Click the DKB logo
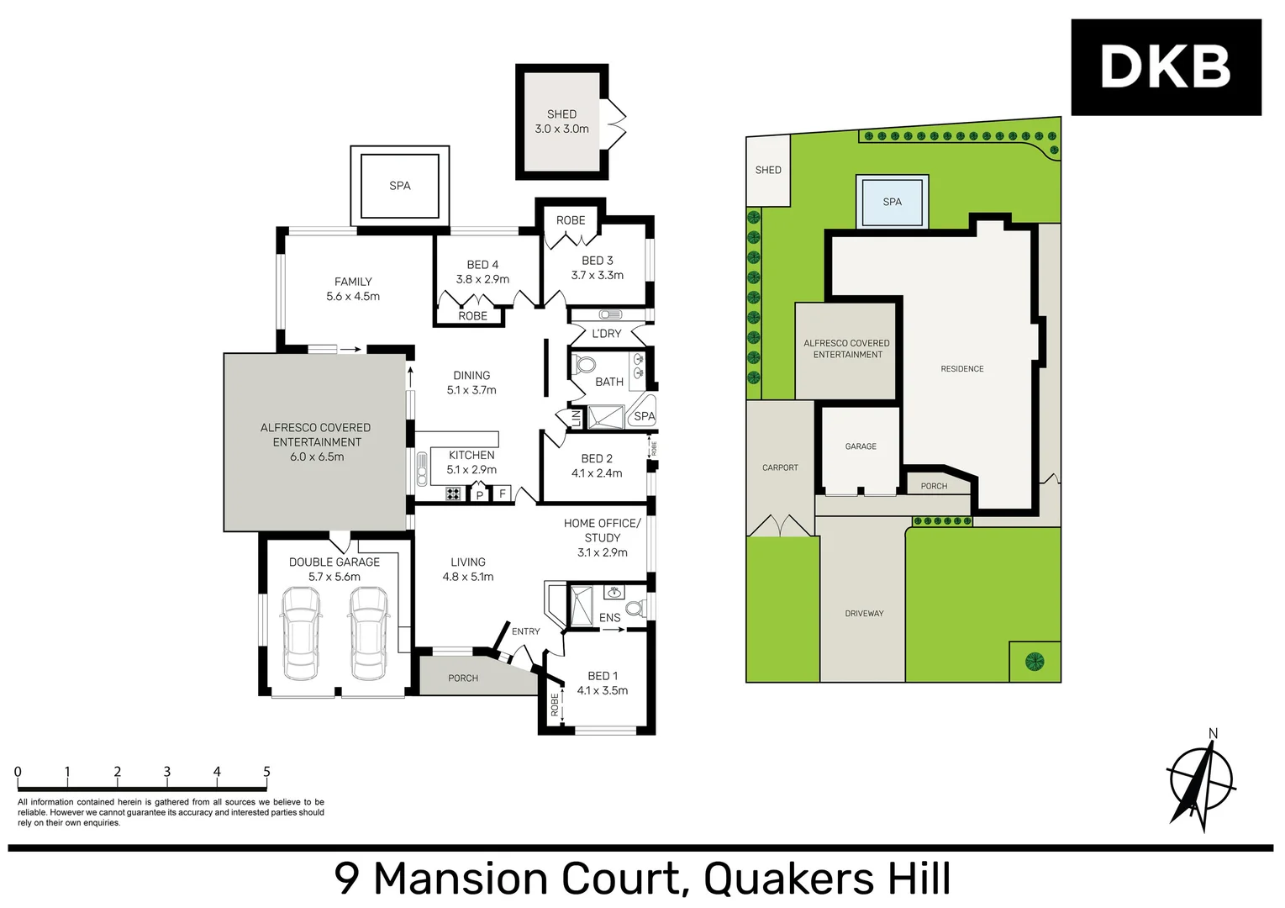(1166, 67)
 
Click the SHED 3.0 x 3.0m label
(561, 122)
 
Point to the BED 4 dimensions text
(482, 279)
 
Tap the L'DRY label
(606, 334)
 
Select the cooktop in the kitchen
(453, 494)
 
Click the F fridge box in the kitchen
(503, 494)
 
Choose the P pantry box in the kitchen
(480, 494)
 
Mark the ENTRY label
(525, 631)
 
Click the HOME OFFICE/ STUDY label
(602, 537)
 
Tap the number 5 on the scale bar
(266, 772)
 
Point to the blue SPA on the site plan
(892, 202)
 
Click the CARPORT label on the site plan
(780, 467)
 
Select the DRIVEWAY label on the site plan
(864, 614)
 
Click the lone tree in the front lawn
(1035, 662)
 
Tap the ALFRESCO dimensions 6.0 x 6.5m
(317, 457)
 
